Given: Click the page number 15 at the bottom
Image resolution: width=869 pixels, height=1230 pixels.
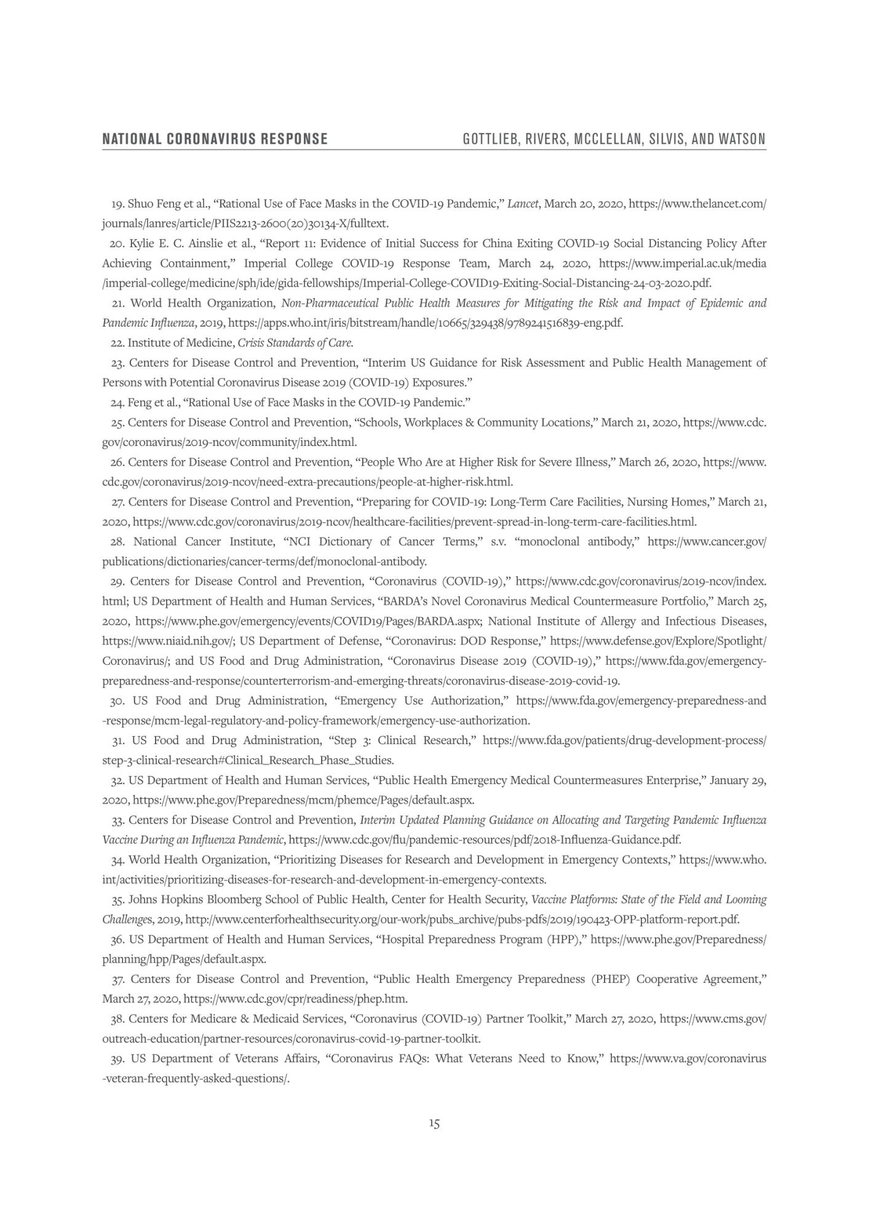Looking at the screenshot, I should coord(434,1124).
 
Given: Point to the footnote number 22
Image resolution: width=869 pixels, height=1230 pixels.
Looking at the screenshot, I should coord(117,343).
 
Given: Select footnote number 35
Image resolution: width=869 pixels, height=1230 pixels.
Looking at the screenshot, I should coord(117,900).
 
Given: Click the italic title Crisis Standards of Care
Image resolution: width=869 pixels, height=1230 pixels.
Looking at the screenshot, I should coord(295,343).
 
